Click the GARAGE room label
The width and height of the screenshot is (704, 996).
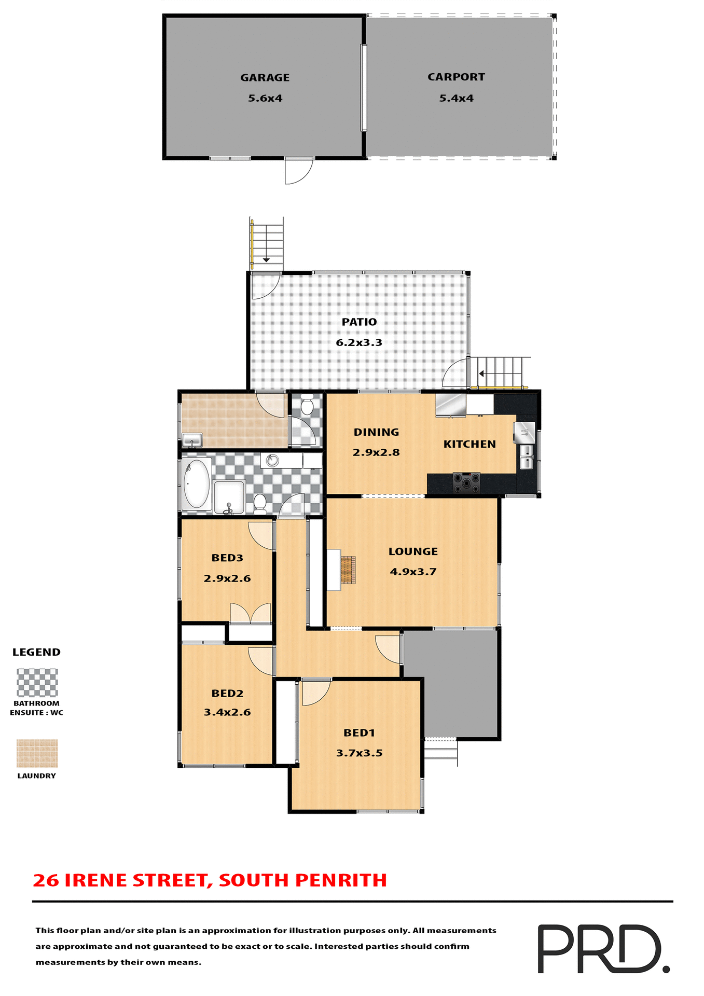[x=265, y=78]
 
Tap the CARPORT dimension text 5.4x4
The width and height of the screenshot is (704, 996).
[x=456, y=98]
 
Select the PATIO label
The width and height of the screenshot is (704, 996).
[x=359, y=322]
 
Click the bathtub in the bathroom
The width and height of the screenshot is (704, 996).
[x=197, y=483]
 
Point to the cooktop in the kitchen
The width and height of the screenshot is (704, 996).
[x=466, y=482]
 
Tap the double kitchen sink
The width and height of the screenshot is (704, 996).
[x=526, y=457]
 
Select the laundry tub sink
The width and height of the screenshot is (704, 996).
[x=192, y=440]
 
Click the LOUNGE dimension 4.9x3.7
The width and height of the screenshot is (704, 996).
[x=413, y=572]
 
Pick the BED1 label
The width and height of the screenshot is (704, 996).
[x=359, y=733]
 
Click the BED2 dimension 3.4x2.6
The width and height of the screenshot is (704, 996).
[x=227, y=712]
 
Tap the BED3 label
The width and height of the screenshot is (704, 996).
[x=227, y=558]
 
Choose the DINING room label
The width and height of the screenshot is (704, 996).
[x=376, y=432]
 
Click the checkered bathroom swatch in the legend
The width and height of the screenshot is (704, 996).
[x=37, y=683]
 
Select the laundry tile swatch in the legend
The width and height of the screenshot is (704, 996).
[x=37, y=754]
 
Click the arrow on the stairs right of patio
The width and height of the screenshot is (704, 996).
[x=482, y=374]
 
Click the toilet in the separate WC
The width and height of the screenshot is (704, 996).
[x=307, y=405]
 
